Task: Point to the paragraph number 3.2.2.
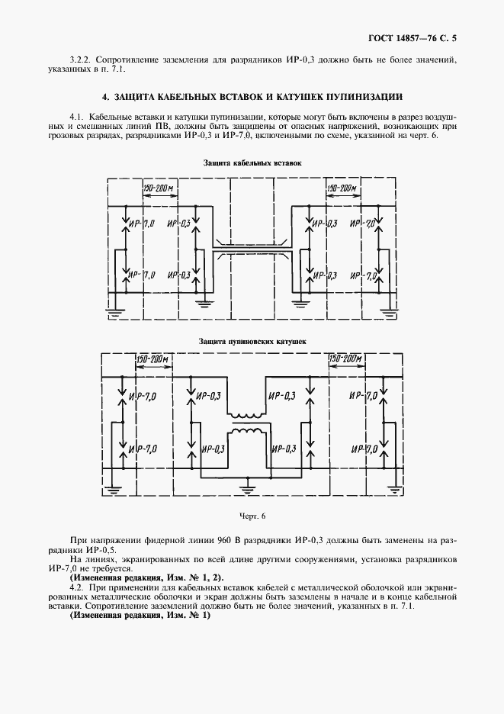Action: click(81, 59)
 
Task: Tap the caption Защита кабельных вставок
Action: click(252, 162)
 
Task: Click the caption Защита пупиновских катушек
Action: click(252, 343)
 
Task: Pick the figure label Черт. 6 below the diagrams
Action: click(252, 516)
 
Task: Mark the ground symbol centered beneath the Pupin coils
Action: click(249, 484)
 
